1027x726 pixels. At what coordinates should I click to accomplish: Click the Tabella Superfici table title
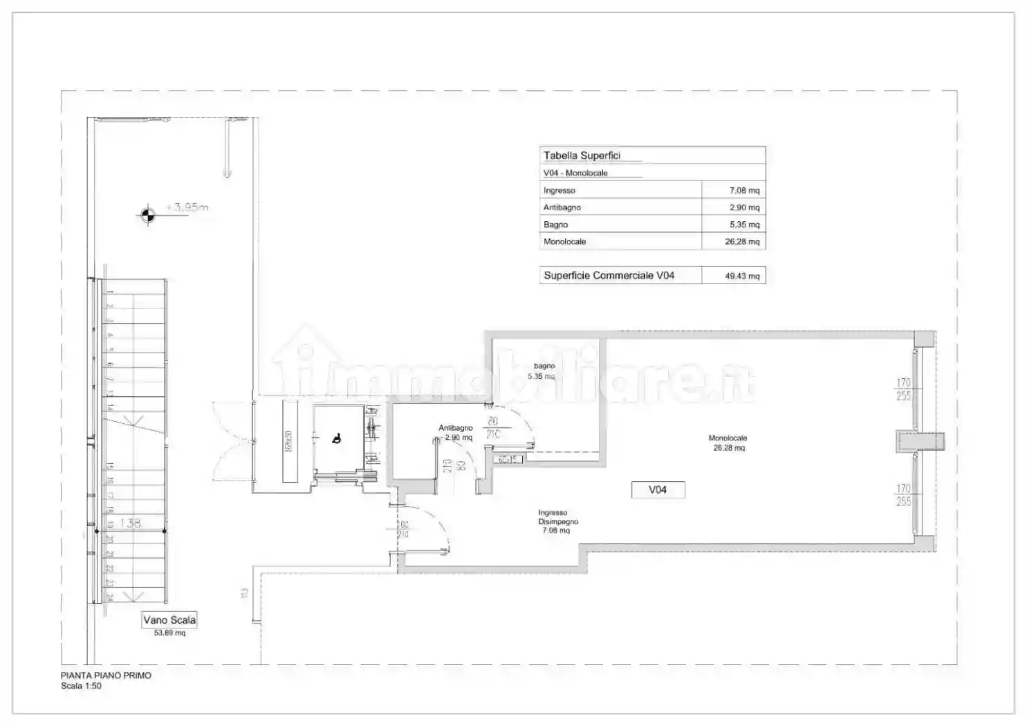(x=582, y=156)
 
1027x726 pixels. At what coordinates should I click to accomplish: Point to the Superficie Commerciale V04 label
(x=609, y=275)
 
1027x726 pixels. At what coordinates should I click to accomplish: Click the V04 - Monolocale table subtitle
(x=575, y=173)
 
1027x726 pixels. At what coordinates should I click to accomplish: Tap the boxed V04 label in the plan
(x=658, y=490)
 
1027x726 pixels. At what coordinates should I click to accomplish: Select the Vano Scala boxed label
(x=169, y=620)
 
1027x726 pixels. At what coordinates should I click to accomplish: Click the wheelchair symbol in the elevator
(x=337, y=438)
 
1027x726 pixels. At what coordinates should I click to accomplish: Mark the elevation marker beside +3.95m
(x=147, y=215)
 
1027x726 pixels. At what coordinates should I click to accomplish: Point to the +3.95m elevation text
(x=187, y=207)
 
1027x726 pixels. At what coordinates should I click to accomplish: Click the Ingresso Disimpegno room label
(x=557, y=521)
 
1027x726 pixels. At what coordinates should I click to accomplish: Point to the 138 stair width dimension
(x=131, y=523)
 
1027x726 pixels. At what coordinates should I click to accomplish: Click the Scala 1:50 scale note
(x=81, y=686)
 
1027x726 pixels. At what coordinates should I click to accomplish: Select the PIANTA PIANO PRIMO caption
(x=106, y=676)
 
